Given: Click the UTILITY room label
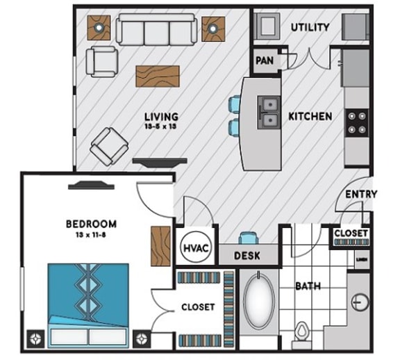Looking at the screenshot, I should coord(310,27).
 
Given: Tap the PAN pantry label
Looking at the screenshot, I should coord(265,60).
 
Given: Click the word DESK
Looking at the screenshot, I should coord(247,256).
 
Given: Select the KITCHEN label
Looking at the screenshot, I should coord(310,116).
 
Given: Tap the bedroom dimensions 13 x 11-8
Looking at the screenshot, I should coord(90,236).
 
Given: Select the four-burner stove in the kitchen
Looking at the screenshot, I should coord(356,123).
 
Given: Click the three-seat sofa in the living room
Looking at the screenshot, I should coord(154,30).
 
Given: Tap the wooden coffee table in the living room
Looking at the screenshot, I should coord(157,76).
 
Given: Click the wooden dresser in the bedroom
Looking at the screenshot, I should coord(160,247).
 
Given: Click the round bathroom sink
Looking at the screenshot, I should coord(359,302).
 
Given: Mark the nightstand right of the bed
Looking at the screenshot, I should coord(144,340).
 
